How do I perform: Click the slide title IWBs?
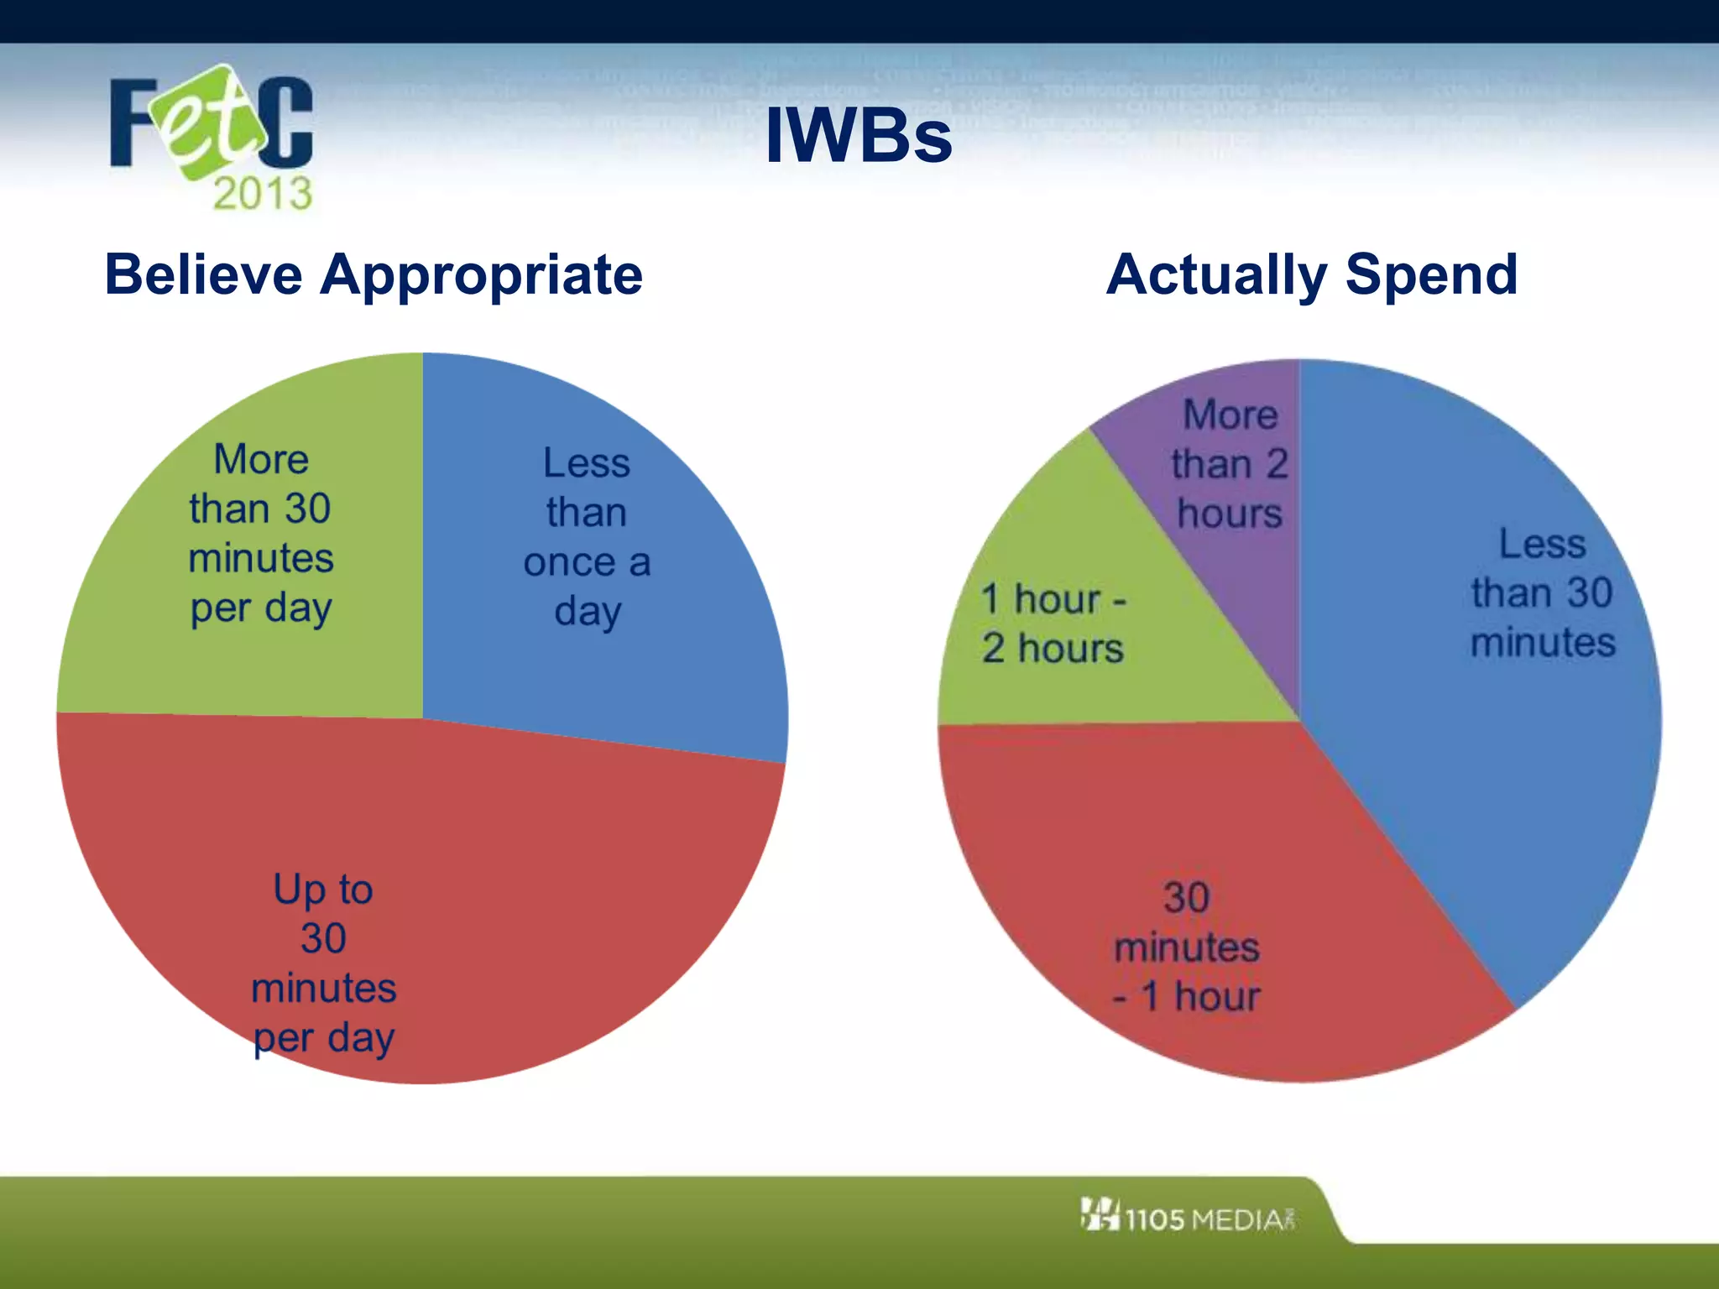pos(859,136)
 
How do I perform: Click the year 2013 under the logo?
pos(262,194)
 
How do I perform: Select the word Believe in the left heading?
pos(203,274)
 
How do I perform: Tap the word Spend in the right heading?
pos(1432,276)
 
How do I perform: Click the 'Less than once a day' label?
pos(587,537)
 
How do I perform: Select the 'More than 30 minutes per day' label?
pos(261,534)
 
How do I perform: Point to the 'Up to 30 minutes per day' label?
pos(324,963)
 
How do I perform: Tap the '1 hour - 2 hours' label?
pos(1053,624)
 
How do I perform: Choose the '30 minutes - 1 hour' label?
pos(1187,947)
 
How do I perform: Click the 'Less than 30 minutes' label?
pos(1543,592)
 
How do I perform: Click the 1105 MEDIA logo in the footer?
pos(1188,1217)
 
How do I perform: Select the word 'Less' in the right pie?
pos(1543,544)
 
